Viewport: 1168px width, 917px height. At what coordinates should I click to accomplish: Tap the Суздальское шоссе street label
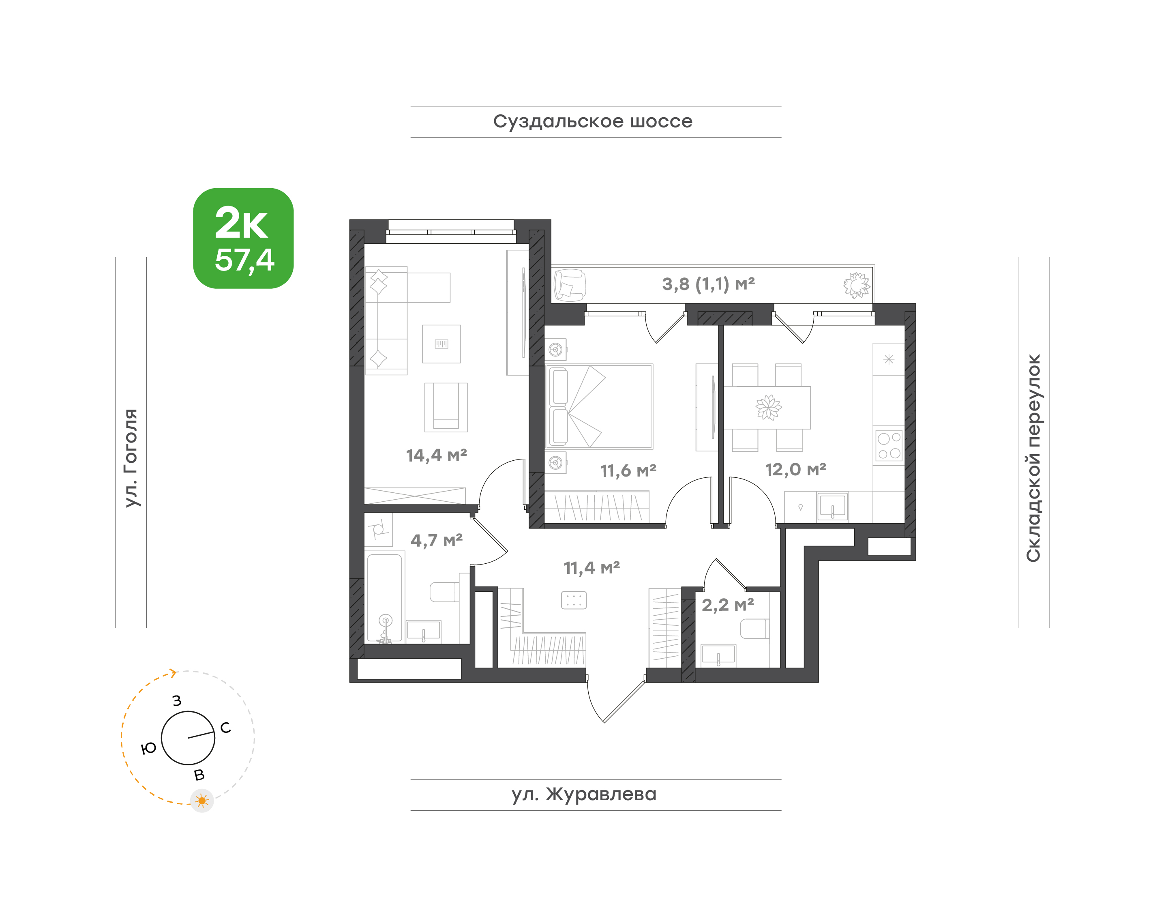(x=593, y=122)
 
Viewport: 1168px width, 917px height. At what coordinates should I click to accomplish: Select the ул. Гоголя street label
(x=131, y=457)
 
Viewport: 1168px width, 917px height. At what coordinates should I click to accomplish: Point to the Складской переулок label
(x=1033, y=457)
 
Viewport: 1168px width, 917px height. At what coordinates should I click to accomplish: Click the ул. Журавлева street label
(x=584, y=794)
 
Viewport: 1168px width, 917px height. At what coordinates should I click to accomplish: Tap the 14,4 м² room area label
(x=436, y=455)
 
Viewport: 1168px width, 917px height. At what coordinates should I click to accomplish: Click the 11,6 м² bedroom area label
(x=628, y=471)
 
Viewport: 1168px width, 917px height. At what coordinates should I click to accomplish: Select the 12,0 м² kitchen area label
(x=795, y=470)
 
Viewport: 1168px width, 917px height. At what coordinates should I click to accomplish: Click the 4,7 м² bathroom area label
(x=436, y=540)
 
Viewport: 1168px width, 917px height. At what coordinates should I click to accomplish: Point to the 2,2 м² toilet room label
(x=728, y=605)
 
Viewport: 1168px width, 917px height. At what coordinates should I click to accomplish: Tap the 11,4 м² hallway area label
(x=592, y=567)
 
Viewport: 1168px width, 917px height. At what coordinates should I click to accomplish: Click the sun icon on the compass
(x=202, y=801)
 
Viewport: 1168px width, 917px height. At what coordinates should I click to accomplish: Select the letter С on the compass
(x=225, y=728)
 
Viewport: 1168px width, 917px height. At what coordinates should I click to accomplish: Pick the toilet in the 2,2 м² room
(x=755, y=629)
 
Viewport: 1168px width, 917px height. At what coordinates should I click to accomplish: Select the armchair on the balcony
(x=570, y=285)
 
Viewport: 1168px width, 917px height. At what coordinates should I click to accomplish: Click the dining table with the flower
(x=767, y=408)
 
